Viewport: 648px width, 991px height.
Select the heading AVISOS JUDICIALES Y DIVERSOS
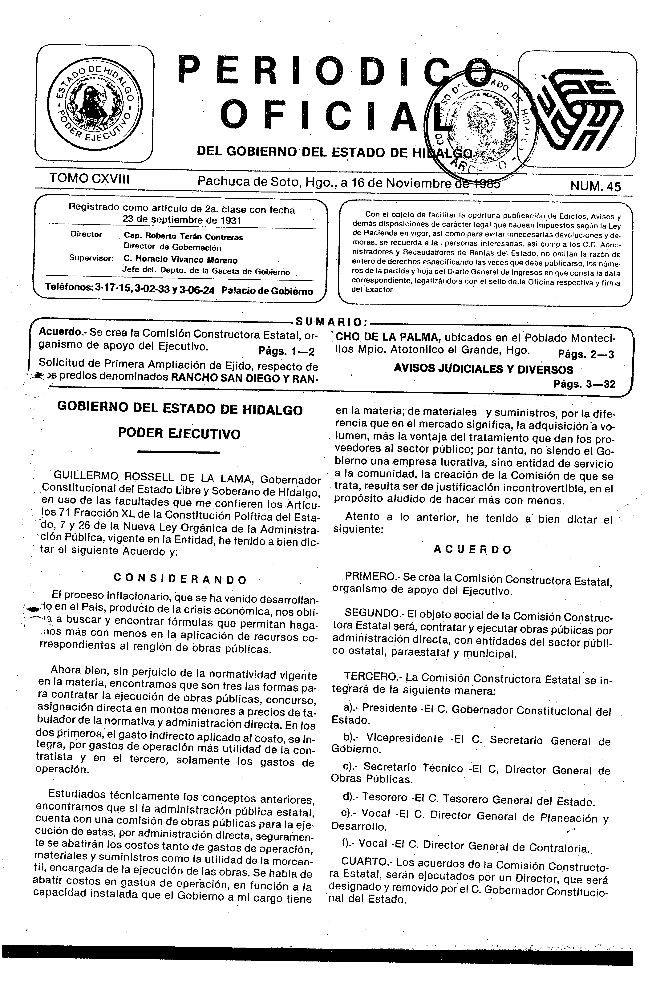point(483,369)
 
